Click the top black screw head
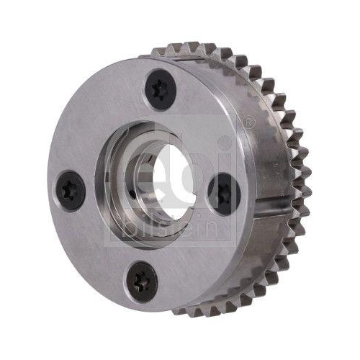pyautogui.click(x=161, y=89)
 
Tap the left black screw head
pyautogui.click(x=71, y=191)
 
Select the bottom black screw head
pyautogui.click(x=142, y=282)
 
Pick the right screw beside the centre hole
pyautogui.click(x=224, y=194)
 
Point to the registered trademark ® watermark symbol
pyautogui.click(x=247, y=122)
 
